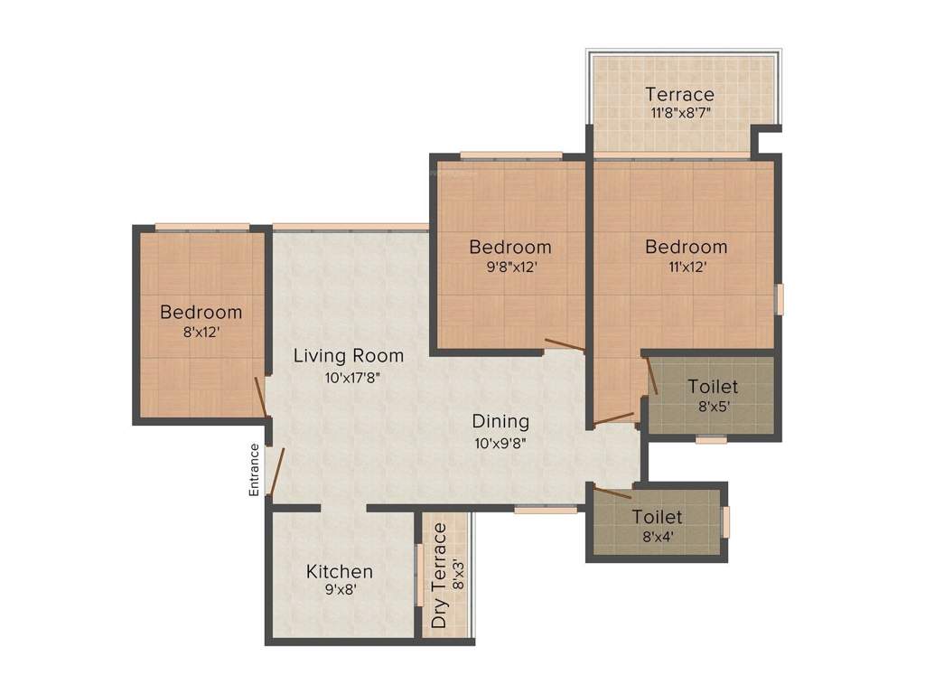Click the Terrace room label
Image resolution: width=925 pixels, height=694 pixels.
tap(679, 94)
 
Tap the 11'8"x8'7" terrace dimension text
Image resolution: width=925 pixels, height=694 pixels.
tap(679, 114)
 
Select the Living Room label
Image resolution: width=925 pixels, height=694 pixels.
tap(348, 355)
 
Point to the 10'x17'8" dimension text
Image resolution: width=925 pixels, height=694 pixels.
tap(348, 378)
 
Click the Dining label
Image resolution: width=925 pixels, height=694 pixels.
tap(500, 421)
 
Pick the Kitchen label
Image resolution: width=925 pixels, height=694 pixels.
tap(339, 571)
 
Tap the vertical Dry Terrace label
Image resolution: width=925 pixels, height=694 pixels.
tap(439, 576)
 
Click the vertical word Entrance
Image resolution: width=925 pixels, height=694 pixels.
tap(255, 469)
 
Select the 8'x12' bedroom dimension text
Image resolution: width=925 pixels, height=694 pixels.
tap(201, 333)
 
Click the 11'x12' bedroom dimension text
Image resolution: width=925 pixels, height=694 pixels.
tap(686, 267)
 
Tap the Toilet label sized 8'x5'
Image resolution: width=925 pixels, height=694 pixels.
tap(712, 387)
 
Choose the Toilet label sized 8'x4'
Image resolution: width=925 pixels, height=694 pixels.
tap(657, 517)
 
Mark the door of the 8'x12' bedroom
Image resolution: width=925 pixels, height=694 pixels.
tap(260, 398)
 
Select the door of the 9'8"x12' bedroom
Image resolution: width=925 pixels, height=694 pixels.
tap(565, 344)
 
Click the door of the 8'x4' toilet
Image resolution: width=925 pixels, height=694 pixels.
tap(612, 492)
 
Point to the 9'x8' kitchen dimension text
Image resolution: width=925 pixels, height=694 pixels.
tap(339, 592)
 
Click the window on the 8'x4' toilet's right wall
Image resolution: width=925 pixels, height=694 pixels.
tap(725, 522)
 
